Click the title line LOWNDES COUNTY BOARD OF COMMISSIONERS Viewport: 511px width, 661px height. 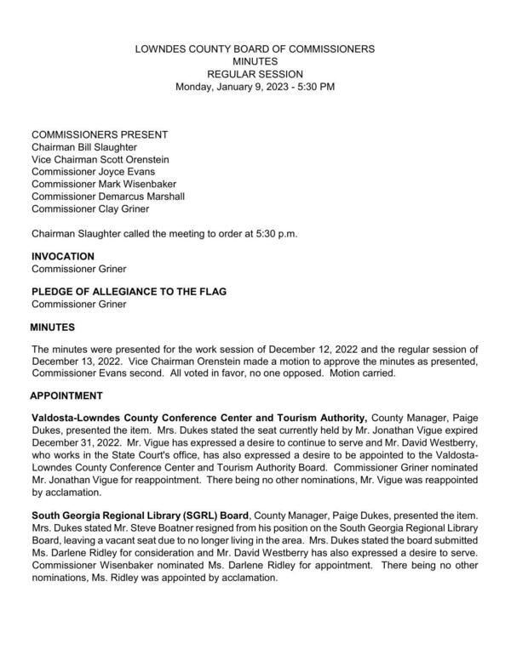(x=255, y=49)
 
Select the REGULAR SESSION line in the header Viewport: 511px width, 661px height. (x=255, y=75)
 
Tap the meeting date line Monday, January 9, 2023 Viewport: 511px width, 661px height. (x=255, y=87)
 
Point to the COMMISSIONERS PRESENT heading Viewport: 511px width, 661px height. (x=100, y=134)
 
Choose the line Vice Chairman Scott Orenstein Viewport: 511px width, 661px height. (x=100, y=159)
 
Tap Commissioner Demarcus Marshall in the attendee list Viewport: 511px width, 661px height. (x=108, y=196)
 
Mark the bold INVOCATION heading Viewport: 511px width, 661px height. (x=63, y=256)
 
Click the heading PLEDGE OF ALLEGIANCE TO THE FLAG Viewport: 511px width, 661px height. (x=129, y=292)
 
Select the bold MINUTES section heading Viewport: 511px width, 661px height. (x=53, y=327)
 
